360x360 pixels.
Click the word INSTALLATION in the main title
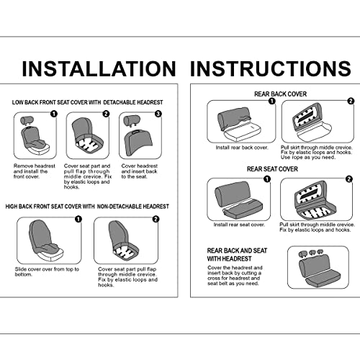point(99,68)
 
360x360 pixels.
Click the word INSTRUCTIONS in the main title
point(271,68)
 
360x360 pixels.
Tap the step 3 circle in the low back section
point(158,114)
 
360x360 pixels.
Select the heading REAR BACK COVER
point(280,94)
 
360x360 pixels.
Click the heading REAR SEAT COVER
point(272,169)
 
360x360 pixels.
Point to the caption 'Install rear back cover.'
point(242,148)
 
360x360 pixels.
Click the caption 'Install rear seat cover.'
point(239,225)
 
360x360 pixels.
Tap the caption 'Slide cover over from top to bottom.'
point(47,271)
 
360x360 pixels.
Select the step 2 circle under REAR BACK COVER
point(351,101)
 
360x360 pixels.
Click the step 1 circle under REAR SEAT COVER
point(267,179)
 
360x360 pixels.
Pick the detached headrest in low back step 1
point(25,120)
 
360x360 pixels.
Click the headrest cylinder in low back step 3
point(132,120)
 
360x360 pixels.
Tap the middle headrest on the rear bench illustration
point(312,253)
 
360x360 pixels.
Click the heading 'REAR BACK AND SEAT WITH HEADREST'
point(237,255)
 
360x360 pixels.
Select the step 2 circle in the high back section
point(156,219)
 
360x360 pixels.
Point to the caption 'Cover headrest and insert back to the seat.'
point(139,171)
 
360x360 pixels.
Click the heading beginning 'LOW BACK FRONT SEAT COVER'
point(87,102)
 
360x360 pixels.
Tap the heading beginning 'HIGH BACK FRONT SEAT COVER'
point(87,207)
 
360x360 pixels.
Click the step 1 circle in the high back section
point(78,219)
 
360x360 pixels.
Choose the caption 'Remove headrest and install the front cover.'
point(35,171)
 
